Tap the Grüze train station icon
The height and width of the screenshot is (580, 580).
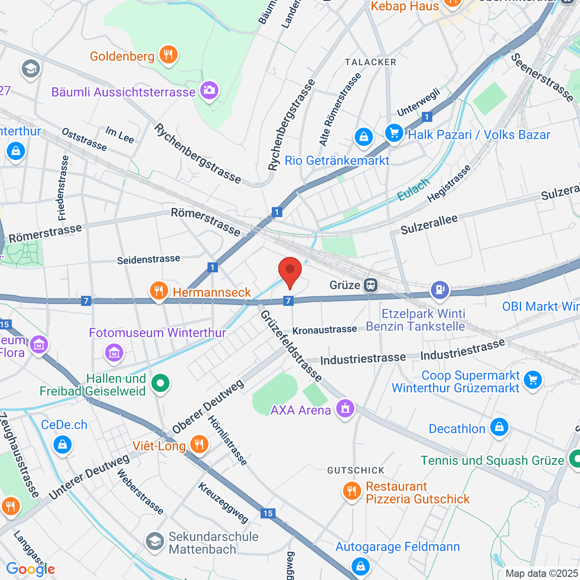(x=371, y=285)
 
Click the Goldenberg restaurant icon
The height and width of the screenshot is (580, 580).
(x=168, y=55)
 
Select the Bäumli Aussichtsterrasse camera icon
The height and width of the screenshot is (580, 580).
(x=209, y=90)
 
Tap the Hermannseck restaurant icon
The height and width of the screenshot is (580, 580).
(x=159, y=291)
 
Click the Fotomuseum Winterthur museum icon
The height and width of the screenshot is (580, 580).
(x=114, y=352)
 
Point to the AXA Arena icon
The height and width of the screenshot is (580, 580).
(x=345, y=409)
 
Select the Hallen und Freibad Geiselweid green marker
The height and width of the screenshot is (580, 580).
(x=160, y=384)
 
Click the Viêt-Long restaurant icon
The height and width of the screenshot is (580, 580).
(x=199, y=444)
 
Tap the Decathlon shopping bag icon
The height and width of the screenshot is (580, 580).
(x=499, y=427)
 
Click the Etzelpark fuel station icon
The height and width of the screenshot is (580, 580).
(x=440, y=290)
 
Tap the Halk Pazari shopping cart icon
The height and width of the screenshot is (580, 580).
(x=394, y=133)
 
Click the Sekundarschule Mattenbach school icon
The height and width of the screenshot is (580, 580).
(x=155, y=542)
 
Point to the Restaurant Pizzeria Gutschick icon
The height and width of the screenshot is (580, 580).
(x=351, y=492)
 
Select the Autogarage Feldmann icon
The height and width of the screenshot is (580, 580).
(x=361, y=565)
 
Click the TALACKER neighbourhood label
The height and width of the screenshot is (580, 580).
(x=370, y=62)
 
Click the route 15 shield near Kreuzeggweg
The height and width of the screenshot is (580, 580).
(x=268, y=513)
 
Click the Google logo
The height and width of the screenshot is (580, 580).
(x=30, y=569)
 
